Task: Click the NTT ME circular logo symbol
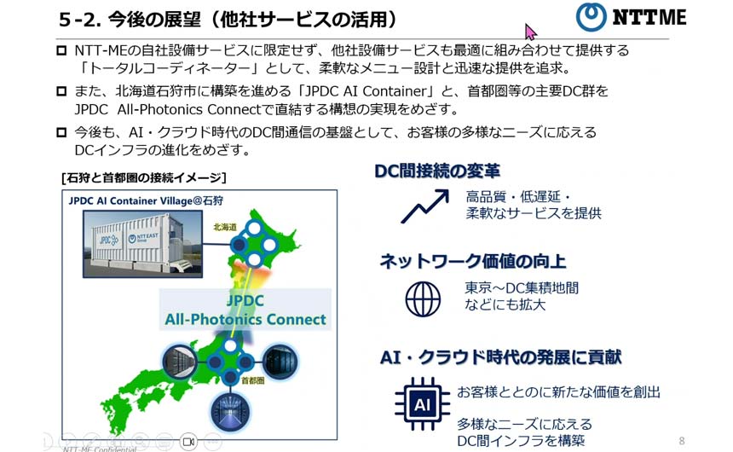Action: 591,17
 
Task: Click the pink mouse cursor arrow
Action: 531,32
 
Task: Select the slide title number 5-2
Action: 78,20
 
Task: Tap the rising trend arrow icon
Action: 425,206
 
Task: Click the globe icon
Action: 423,299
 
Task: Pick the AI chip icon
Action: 422,403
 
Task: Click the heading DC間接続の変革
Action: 437,171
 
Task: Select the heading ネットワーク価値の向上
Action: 473,261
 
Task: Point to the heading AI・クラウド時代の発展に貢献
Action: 500,357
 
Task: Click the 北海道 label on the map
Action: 225,227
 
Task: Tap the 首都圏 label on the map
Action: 253,380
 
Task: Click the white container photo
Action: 142,244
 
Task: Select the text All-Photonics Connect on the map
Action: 245,320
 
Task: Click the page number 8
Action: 682,441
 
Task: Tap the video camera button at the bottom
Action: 188,441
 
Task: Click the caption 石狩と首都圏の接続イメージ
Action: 144,177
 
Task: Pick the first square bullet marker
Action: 61,50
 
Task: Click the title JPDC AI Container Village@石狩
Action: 146,201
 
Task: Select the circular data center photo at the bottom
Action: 230,412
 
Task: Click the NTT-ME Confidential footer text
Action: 100,449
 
